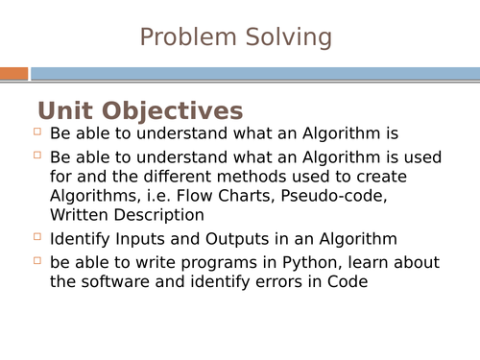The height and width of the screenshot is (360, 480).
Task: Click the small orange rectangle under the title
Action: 13,74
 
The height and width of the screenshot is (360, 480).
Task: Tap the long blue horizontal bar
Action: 254,74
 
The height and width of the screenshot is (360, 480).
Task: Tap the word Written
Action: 83,216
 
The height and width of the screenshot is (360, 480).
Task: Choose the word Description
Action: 161,216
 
